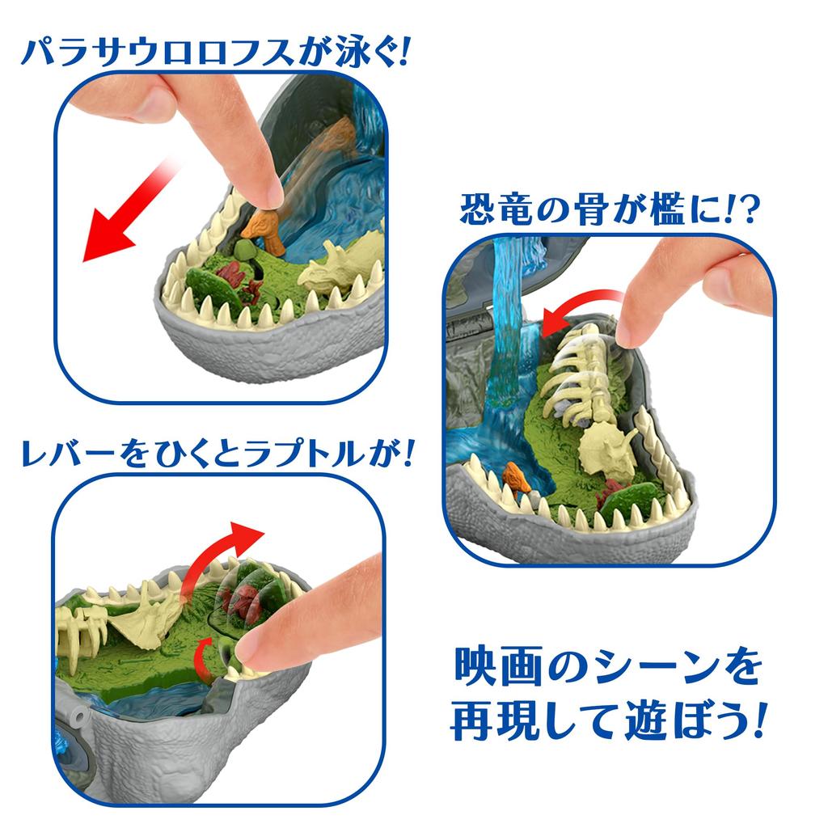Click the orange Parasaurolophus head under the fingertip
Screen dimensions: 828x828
(x=264, y=228)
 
